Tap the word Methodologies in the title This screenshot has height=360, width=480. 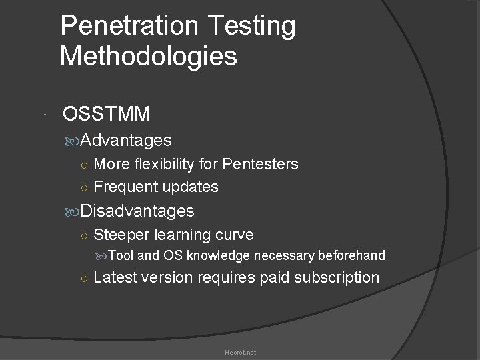pyautogui.click(x=148, y=57)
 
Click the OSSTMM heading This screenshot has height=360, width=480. pyautogui.click(x=106, y=115)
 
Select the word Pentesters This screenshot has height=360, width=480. pyautogui.click(x=261, y=164)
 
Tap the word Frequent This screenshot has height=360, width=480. pyautogui.click(x=122, y=187)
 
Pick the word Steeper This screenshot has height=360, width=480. pyautogui.click(x=122, y=235)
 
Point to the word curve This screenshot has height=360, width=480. pyautogui.click(x=232, y=235)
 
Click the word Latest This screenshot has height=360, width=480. pyautogui.click(x=116, y=277)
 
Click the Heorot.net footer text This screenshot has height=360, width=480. pyautogui.click(x=240, y=352)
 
